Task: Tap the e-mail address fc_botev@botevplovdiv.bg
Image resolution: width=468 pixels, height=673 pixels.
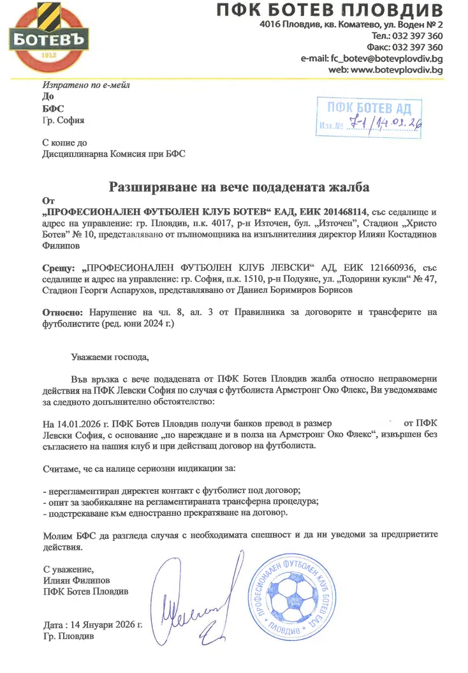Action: coord(386,59)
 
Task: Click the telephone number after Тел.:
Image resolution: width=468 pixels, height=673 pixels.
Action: coord(418,36)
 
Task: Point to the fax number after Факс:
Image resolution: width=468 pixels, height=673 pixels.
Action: coord(418,47)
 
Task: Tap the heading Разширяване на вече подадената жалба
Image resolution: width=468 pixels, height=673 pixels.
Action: coord(239,187)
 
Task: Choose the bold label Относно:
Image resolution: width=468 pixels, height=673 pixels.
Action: coord(62,312)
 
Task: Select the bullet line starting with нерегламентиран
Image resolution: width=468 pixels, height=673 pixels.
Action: coord(172,490)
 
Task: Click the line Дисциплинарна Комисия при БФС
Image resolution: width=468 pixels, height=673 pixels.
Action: coord(114,154)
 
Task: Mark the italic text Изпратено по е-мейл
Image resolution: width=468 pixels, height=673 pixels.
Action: coord(85,85)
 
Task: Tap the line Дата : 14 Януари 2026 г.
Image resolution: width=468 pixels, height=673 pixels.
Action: coord(92,624)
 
